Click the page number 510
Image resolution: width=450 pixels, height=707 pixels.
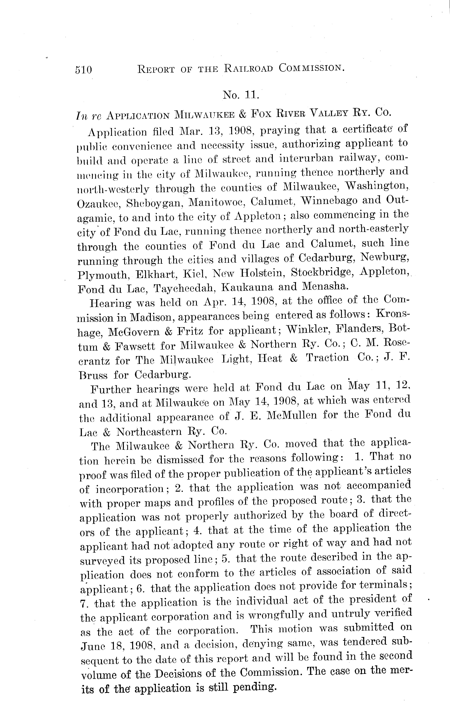point(84,70)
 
